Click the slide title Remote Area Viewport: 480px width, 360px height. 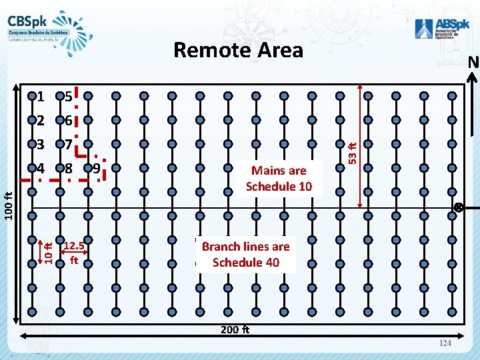(x=238, y=50)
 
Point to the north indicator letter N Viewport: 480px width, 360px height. (x=473, y=63)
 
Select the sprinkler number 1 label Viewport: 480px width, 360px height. (x=41, y=97)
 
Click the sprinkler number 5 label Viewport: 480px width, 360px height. (x=69, y=97)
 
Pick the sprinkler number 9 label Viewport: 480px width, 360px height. (x=97, y=168)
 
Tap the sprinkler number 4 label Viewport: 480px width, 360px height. (x=41, y=168)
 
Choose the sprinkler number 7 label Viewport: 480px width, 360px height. (x=69, y=145)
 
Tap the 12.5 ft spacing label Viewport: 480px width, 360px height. (x=73, y=252)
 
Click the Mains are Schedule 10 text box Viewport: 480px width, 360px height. (x=279, y=179)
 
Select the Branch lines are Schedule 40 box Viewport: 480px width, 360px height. (x=246, y=254)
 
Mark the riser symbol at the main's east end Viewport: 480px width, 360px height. (x=459, y=207)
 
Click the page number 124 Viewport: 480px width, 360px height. (x=445, y=343)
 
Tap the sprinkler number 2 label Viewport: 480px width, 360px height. (x=41, y=121)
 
